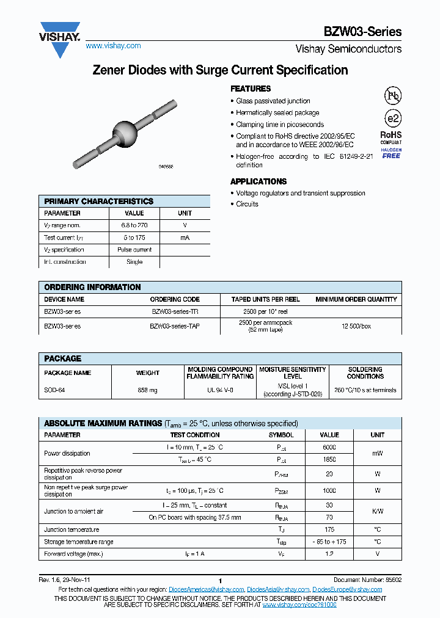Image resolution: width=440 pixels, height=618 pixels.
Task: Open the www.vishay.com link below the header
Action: pos(113,46)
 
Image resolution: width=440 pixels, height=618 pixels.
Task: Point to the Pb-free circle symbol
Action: pos(392,95)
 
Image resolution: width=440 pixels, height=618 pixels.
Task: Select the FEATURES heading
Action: pos(251,89)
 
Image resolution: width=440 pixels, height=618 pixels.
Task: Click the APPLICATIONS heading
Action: pos(258,181)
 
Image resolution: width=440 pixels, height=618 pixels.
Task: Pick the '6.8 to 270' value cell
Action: pos(134,225)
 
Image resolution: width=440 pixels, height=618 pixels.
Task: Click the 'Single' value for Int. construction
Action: pos(134,262)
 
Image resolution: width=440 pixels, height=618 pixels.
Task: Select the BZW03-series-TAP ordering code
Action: pos(175,326)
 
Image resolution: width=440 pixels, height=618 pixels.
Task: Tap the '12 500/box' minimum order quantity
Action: pos(356,326)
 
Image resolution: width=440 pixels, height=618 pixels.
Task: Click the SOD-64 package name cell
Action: pos(54,390)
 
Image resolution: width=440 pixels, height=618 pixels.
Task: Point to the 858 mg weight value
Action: pos(147,390)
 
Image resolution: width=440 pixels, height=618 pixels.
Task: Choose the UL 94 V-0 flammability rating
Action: pos(220,390)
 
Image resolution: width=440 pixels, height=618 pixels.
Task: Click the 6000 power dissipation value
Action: pos(329,447)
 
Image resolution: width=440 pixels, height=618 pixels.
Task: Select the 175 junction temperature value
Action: pos(329,529)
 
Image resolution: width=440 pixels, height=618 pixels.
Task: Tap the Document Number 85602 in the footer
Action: pos(367,580)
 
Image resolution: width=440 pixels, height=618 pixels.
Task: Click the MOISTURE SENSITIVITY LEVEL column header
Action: pos(293,373)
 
